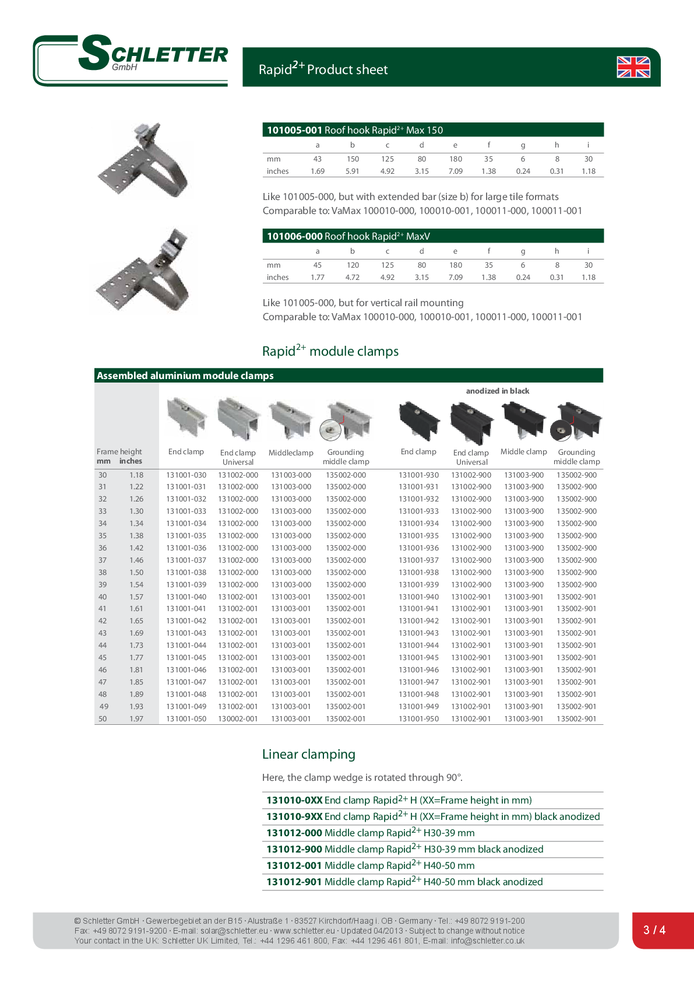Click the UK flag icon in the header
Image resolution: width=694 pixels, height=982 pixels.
[633, 67]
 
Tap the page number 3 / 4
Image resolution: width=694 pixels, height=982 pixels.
[654, 930]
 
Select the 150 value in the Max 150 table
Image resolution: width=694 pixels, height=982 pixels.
[353, 159]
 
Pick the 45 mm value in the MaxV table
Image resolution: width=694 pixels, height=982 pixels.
[318, 265]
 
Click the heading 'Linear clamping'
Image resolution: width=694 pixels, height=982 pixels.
[308, 754]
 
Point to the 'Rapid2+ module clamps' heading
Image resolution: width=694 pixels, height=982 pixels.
[330, 351]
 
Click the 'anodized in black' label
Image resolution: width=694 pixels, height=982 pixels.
[498, 391]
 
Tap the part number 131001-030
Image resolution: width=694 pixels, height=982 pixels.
[186, 475]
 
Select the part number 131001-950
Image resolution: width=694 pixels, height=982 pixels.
[419, 719]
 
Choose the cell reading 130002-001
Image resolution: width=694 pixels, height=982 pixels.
[238, 719]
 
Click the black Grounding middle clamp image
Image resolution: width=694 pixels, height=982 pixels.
[576, 420]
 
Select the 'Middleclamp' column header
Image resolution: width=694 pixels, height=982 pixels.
[291, 453]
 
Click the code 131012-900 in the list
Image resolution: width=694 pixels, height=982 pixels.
[294, 850]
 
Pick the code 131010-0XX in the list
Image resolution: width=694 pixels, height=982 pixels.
[294, 801]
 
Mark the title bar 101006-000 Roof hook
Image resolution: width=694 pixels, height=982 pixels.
[433, 236]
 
